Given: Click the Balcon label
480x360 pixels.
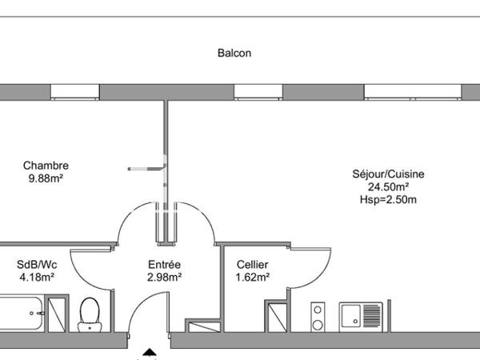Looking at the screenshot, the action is [x=234, y=53].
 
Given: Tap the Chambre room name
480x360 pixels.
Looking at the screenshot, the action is [x=46, y=166].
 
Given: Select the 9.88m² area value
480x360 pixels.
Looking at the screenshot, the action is [x=46, y=178].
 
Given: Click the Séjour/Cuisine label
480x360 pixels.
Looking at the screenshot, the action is [x=388, y=174].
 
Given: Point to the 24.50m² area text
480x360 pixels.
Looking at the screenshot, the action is [x=388, y=186].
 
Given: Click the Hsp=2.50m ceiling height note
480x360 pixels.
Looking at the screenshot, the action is [x=388, y=199].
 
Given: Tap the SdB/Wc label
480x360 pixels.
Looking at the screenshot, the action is [x=37, y=265].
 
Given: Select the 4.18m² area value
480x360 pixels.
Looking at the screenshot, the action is [x=37, y=277].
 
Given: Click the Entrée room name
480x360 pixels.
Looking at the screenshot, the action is [x=164, y=265].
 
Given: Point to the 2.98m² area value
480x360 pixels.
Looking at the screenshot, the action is [x=164, y=277].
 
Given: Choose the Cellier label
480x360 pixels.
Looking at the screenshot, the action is [x=253, y=265].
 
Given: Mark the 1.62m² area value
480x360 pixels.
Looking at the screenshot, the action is [x=253, y=277].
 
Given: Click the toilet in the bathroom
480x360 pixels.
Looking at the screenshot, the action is [x=90, y=314].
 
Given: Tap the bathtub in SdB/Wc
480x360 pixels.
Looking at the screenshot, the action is [x=22, y=313].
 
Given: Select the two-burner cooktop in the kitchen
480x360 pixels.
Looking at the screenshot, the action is [x=318, y=317].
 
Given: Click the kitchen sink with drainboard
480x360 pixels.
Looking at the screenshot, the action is [x=361, y=317].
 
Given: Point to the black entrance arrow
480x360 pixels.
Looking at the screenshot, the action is [x=150, y=352].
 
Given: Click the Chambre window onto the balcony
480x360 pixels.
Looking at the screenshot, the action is [x=74, y=92].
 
